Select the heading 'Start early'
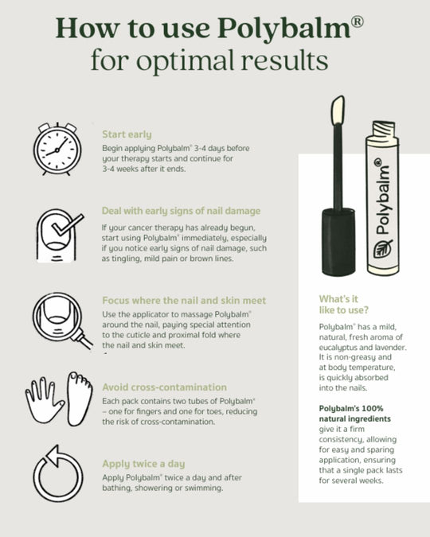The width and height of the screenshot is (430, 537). click(x=127, y=134)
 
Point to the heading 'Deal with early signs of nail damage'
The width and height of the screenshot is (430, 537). click(x=181, y=211)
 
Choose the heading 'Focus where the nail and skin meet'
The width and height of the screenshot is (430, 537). click(x=184, y=301)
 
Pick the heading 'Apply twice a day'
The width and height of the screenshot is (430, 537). click(x=144, y=463)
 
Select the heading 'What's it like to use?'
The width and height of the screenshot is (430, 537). click(x=345, y=305)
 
